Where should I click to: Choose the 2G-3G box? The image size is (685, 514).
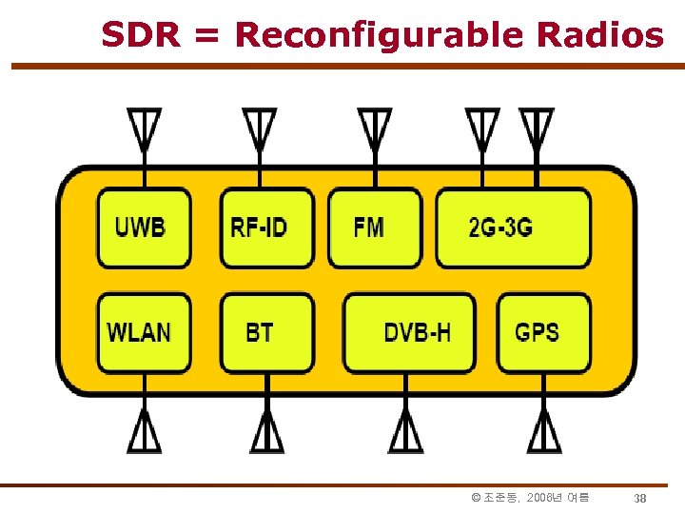[x=513, y=228]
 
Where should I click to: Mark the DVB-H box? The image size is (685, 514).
[x=409, y=332]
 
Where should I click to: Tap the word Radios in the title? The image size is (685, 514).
[x=599, y=35]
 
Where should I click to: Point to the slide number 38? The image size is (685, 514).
[x=640, y=498]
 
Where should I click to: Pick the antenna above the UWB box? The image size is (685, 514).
[x=144, y=128]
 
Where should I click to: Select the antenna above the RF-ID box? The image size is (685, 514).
[x=259, y=128]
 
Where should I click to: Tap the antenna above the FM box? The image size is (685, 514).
[x=374, y=128]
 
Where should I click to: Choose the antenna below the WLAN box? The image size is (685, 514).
[x=144, y=433]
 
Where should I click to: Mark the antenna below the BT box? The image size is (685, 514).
[x=266, y=433]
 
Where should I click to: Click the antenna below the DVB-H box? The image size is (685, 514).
[x=405, y=433]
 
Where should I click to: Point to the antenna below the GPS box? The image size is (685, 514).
[x=543, y=433]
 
